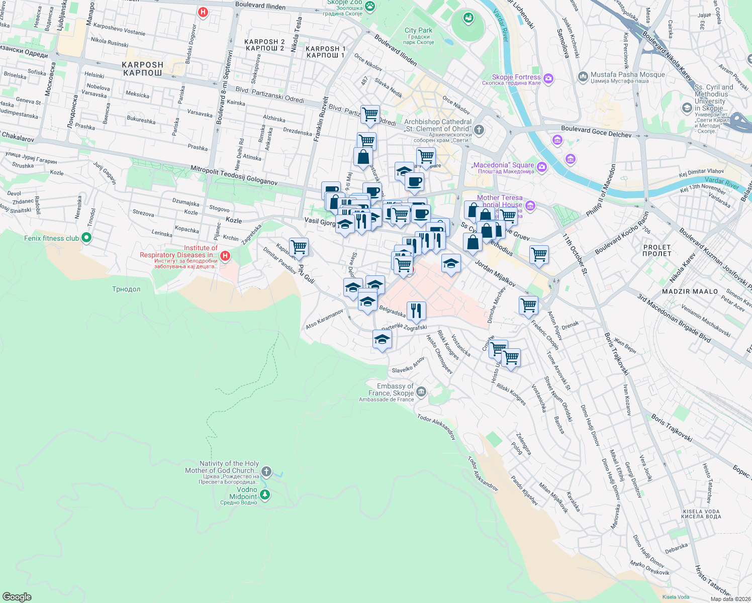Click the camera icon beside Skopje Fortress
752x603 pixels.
point(548,78)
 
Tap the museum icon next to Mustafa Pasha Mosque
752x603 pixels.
point(583,76)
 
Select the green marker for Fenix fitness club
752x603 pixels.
point(86,238)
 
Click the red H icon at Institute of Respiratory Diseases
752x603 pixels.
point(225,256)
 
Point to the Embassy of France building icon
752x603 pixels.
point(421,391)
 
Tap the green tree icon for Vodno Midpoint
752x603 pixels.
point(264,494)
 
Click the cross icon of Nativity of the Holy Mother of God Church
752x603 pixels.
point(266,471)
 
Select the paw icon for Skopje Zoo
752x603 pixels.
point(370,7)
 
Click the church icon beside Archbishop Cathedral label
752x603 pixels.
point(479,130)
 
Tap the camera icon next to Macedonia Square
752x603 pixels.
point(541,167)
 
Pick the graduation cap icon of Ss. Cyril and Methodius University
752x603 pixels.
point(687,108)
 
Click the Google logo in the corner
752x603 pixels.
point(17,596)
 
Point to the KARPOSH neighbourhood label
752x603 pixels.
point(143,69)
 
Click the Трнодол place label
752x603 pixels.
point(126,289)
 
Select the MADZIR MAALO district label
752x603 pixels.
point(690,291)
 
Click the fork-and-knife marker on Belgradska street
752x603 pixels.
point(416,311)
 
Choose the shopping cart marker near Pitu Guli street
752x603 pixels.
point(299,247)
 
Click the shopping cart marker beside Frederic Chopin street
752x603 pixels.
point(528,305)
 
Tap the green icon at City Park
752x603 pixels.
point(468,18)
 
